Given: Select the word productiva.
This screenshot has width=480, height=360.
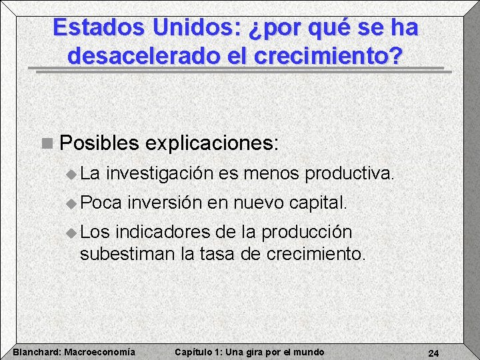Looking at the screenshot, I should [349, 174].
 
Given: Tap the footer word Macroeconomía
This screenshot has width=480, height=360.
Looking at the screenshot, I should [99, 352].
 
